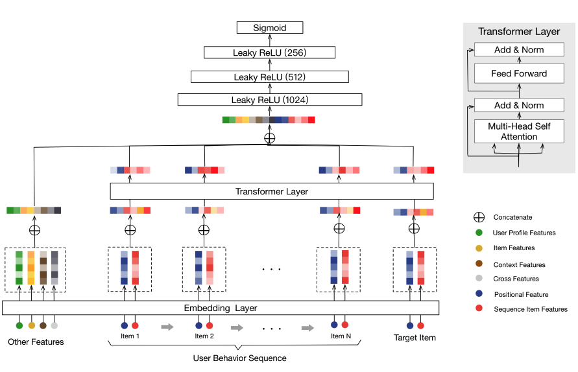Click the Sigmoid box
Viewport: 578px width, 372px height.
point(269,28)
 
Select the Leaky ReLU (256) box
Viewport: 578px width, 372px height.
point(269,52)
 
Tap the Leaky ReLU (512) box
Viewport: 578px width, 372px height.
point(269,76)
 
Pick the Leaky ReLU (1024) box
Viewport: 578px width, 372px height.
point(269,100)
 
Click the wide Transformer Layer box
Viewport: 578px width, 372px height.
point(271,191)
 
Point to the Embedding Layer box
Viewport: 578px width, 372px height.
point(221,308)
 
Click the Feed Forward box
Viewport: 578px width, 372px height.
point(518,73)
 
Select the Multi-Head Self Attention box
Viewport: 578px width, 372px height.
point(518,132)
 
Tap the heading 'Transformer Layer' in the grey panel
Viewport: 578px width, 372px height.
point(518,32)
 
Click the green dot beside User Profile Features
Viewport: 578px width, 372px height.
point(478,233)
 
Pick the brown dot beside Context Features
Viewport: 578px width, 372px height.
point(478,264)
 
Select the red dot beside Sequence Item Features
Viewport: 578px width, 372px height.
point(478,309)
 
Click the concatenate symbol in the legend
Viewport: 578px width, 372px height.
point(478,217)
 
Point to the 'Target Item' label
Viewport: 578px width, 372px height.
point(415,338)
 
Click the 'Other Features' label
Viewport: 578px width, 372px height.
point(36,342)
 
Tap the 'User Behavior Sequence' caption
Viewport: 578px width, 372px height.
point(239,358)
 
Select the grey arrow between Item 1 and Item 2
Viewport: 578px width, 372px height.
point(167,327)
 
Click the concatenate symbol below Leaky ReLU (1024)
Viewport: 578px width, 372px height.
point(269,138)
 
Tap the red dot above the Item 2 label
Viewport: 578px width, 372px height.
point(210,325)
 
